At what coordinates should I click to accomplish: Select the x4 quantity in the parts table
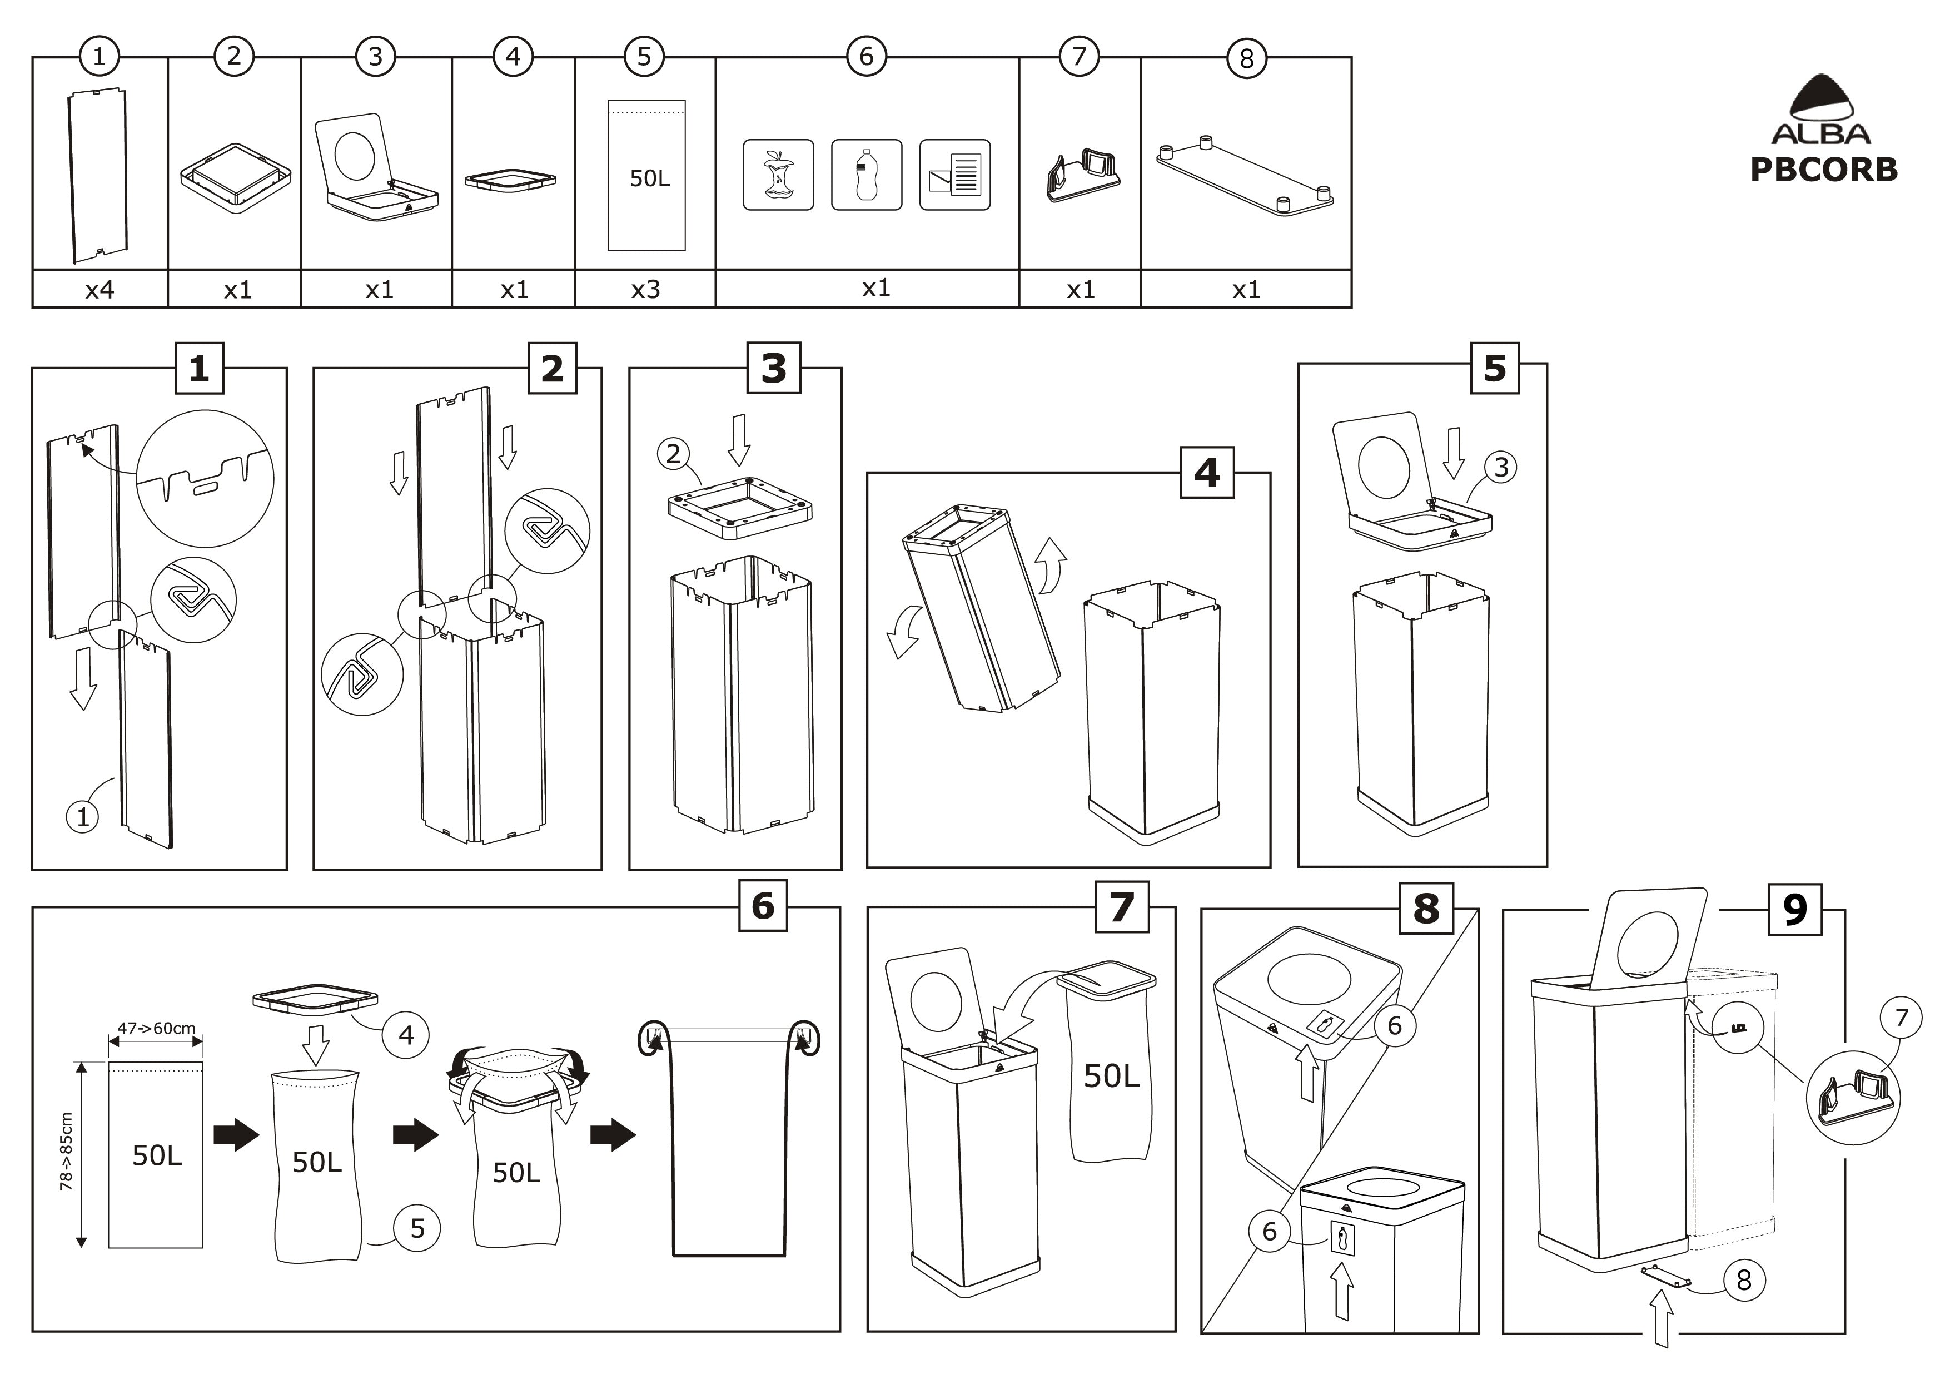tap(100, 290)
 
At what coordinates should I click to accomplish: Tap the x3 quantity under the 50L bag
tap(645, 290)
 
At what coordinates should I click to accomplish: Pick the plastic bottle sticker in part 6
tap(866, 175)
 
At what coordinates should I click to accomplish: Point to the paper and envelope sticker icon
tap(954, 175)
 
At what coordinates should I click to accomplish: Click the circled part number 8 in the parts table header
tap(1246, 58)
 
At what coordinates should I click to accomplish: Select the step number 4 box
tap(1207, 473)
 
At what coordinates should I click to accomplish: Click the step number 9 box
tap(1794, 909)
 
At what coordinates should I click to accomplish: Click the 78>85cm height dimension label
tap(66, 1151)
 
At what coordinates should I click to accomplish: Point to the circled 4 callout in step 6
tap(406, 1035)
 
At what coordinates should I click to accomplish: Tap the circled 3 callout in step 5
tap(1501, 467)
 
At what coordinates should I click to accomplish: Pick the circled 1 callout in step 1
tap(82, 817)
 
